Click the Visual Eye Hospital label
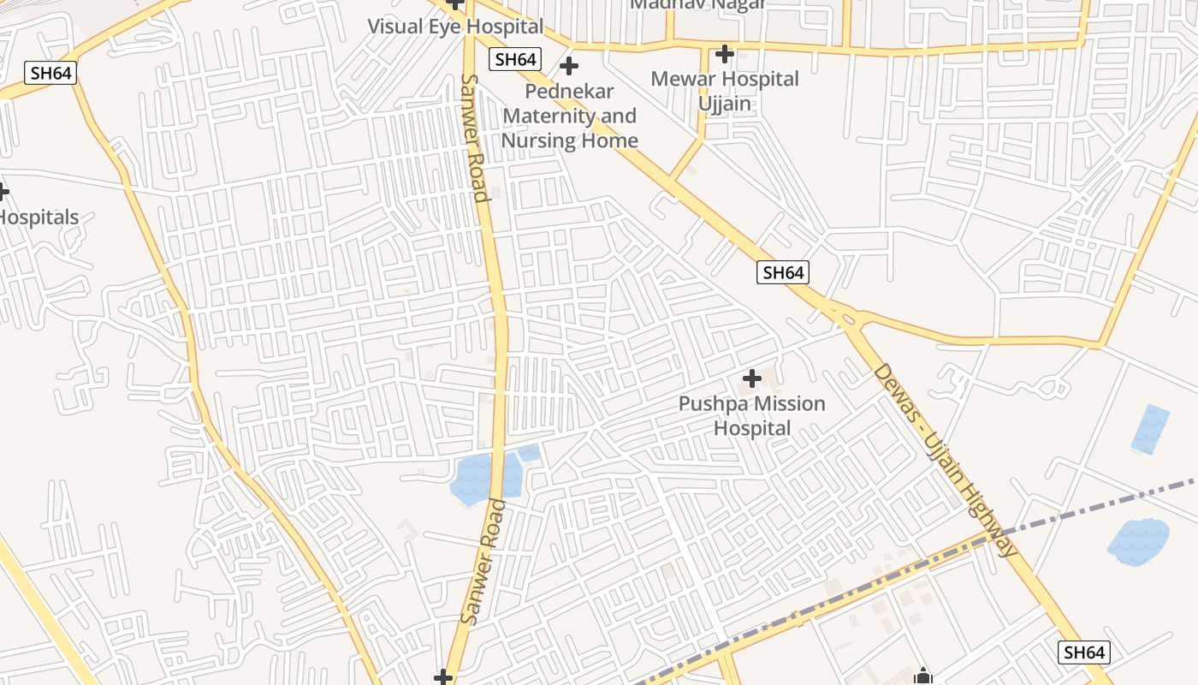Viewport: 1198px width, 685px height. pos(455,26)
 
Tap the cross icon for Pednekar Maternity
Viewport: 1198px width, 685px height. pos(568,66)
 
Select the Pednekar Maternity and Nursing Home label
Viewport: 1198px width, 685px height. pos(570,116)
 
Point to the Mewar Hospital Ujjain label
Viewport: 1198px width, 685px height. pos(725,91)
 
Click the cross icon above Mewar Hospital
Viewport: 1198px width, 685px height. pos(725,55)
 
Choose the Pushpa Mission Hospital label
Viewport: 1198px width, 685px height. pos(752,415)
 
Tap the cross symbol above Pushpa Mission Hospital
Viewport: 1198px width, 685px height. pos(752,378)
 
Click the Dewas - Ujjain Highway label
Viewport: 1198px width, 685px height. pos(945,459)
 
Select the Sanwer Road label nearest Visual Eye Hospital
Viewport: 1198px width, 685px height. pos(474,137)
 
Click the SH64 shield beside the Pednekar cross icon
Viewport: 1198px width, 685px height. pos(515,59)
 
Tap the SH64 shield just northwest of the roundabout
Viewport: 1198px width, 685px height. pos(783,272)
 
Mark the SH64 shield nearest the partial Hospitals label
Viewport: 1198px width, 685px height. pos(50,73)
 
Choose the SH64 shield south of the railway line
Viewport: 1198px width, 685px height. pos(1083,652)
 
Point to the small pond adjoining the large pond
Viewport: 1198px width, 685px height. pos(529,453)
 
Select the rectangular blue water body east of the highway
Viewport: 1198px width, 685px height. pos(1150,429)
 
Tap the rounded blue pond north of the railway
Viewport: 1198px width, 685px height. pos(1138,541)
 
